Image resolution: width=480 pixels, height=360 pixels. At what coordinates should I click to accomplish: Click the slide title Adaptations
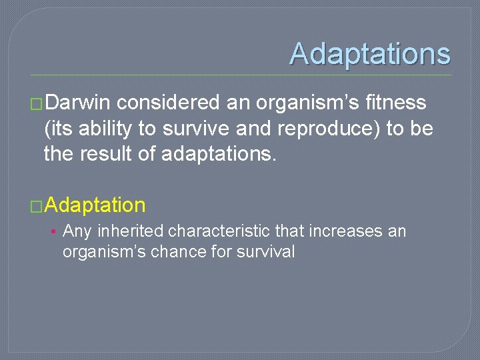370,54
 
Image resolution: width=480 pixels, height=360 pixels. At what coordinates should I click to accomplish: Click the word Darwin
79,103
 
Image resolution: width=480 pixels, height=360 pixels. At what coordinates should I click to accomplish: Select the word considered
169,103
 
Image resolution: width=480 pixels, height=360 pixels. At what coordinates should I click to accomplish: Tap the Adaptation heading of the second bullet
95,205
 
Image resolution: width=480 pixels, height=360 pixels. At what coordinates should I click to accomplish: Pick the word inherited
131,231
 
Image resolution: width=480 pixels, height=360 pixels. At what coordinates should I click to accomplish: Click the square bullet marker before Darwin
37,103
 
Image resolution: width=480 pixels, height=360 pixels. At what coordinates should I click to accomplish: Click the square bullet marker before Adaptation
37,205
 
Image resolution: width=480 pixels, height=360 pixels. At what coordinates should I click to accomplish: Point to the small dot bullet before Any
53,232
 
